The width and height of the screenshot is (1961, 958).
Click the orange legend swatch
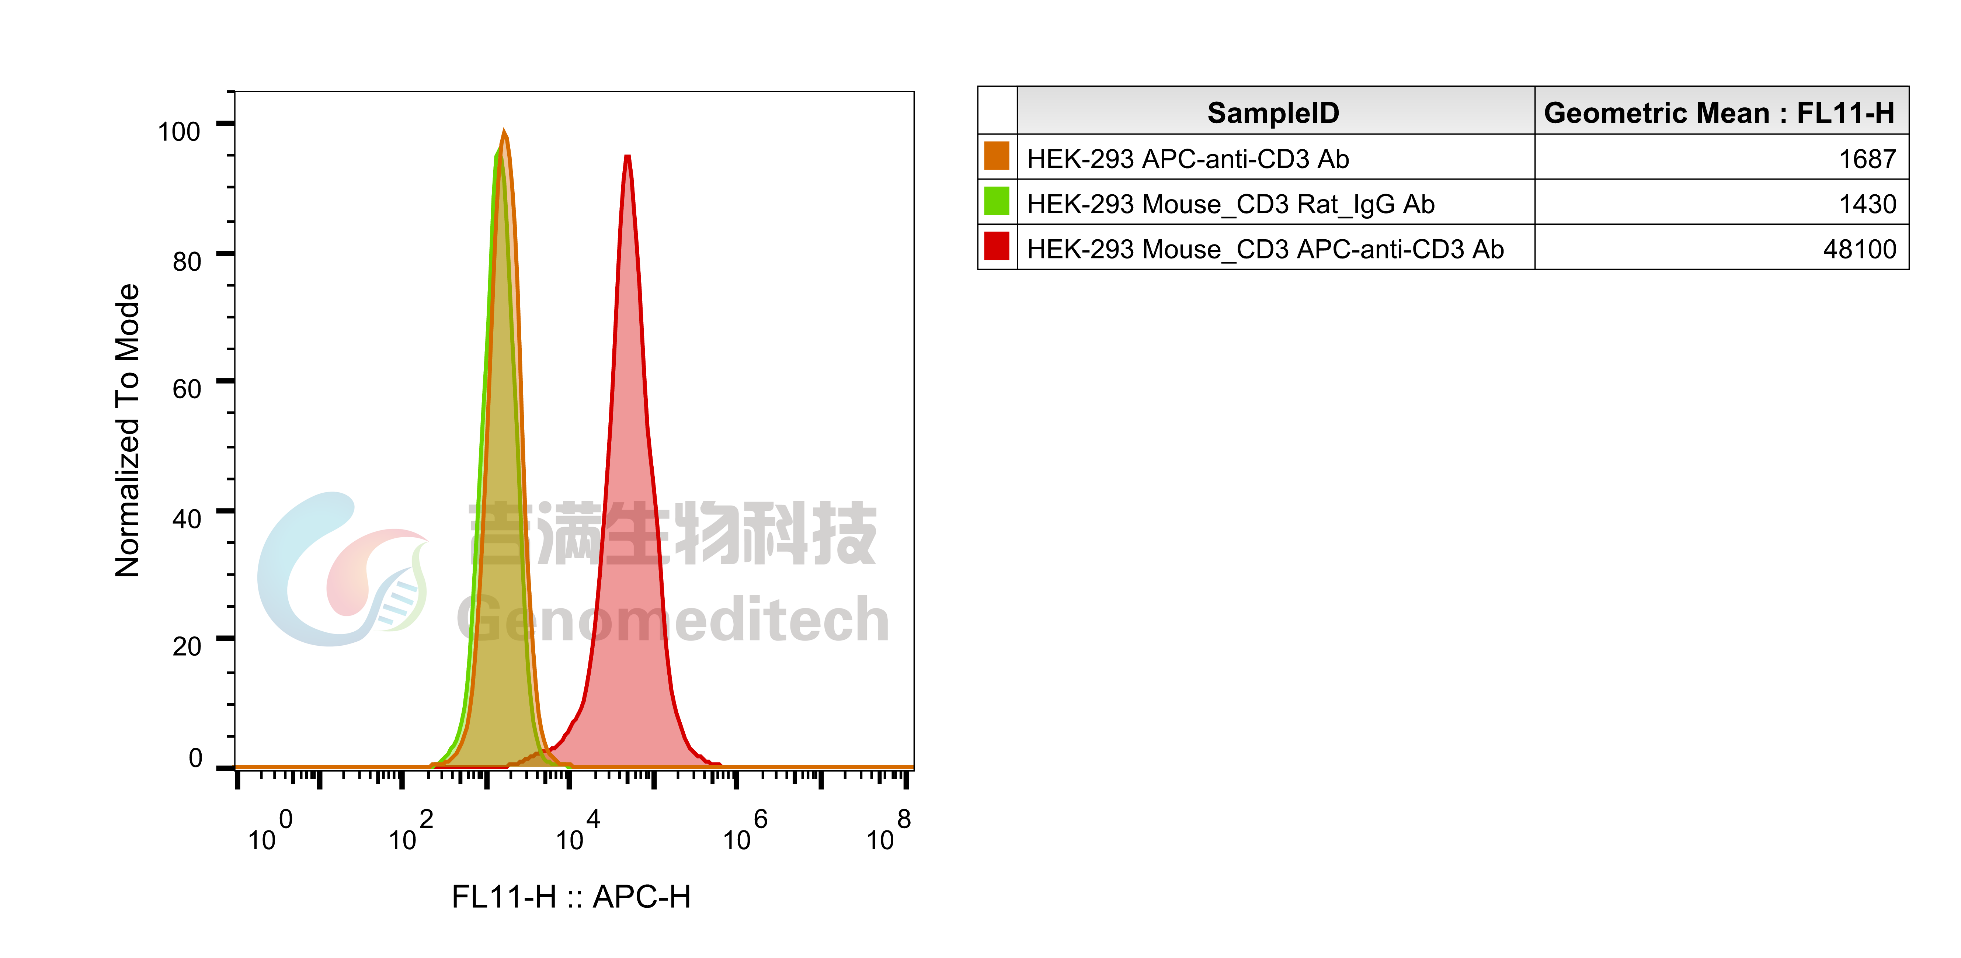tap(997, 155)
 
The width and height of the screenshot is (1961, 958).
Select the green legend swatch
tap(997, 200)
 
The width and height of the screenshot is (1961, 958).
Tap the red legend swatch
tap(997, 245)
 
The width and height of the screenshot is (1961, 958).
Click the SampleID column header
tap(1273, 113)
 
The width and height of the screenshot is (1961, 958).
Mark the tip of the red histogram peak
tap(627, 157)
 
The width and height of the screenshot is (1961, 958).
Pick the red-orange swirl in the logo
tap(358, 571)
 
